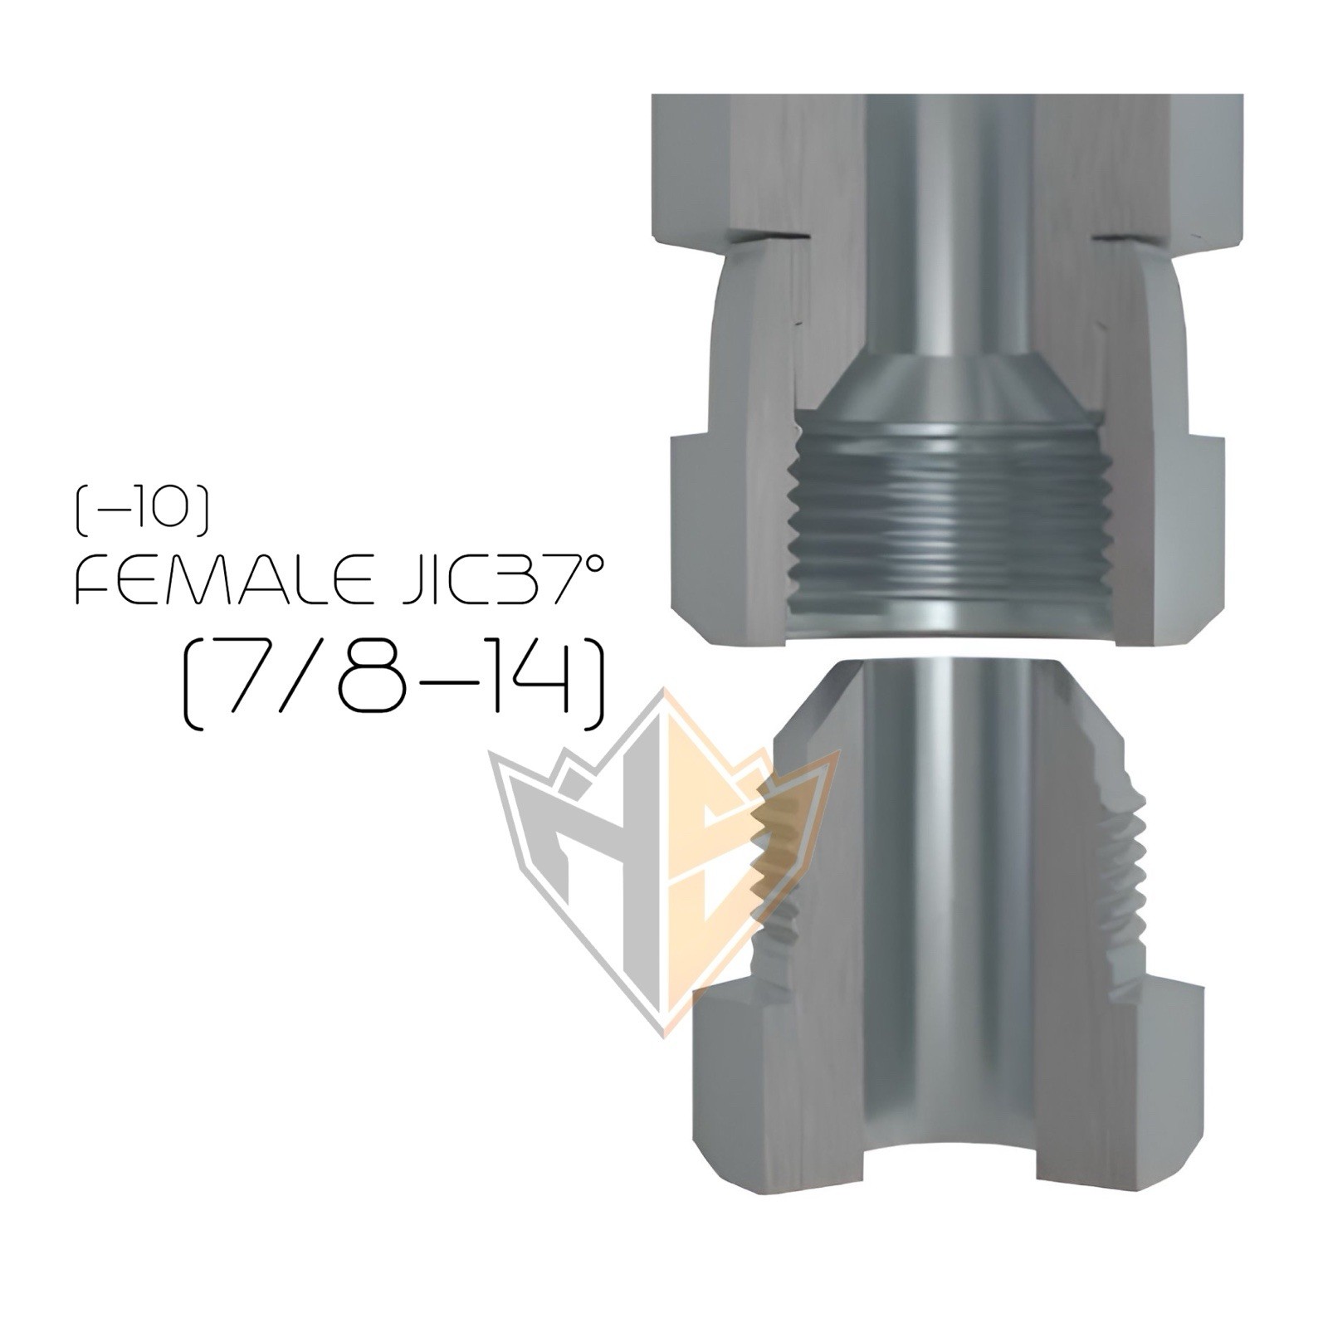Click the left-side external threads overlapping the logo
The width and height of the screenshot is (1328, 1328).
pyautogui.click(x=772, y=871)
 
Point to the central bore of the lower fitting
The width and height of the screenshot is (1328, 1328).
pyautogui.click(x=946, y=913)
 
